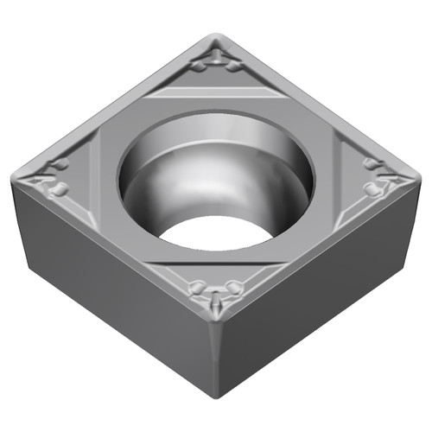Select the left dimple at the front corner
coord(197,285)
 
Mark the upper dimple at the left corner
coord(60,164)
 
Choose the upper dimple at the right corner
coord(372,164)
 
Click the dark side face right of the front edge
coord(320,294)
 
